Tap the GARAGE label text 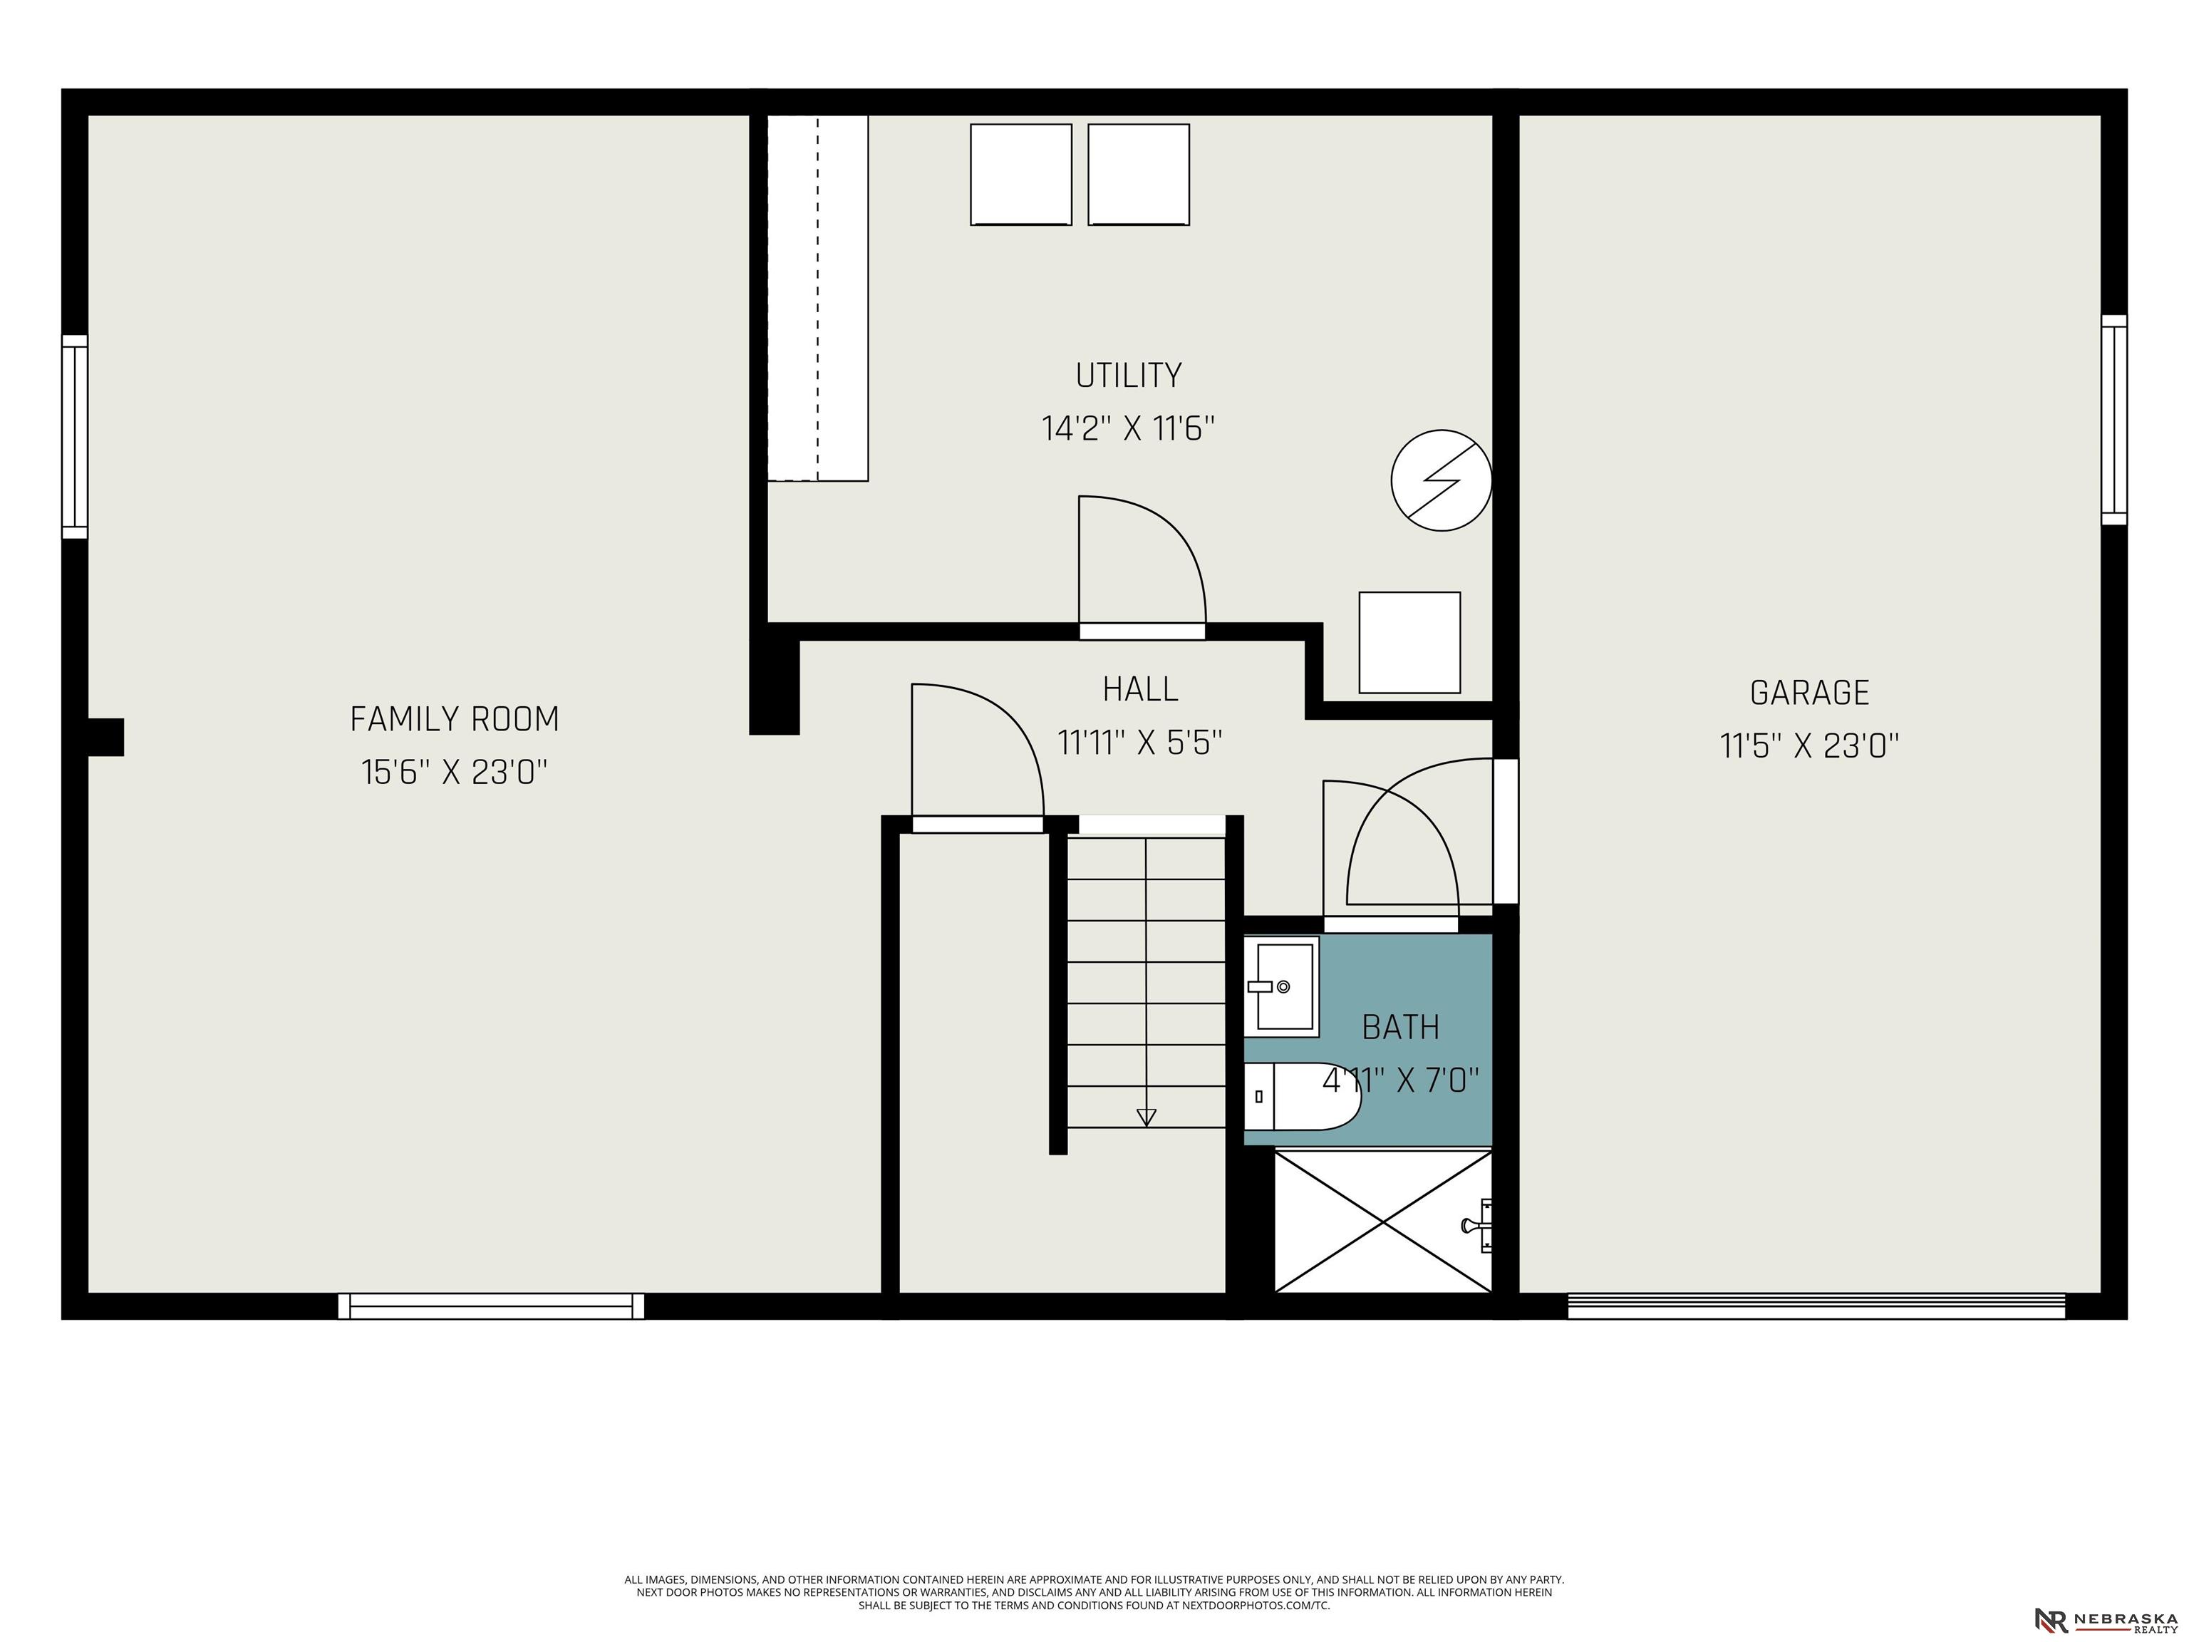[x=1810, y=693]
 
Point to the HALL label [x=1140, y=689]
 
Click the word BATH [x=1400, y=1028]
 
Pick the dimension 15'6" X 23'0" [x=454, y=772]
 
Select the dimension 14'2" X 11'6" [x=1128, y=428]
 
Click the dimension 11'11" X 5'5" [x=1140, y=743]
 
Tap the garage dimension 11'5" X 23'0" [x=1810, y=745]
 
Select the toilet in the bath [x=1301, y=1097]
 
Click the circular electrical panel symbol [x=1441, y=480]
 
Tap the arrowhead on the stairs [x=1146, y=1117]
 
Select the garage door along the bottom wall [x=1816, y=1306]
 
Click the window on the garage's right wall [x=2113, y=420]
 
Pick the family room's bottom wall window [x=491, y=1306]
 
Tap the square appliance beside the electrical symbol [x=1409, y=642]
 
